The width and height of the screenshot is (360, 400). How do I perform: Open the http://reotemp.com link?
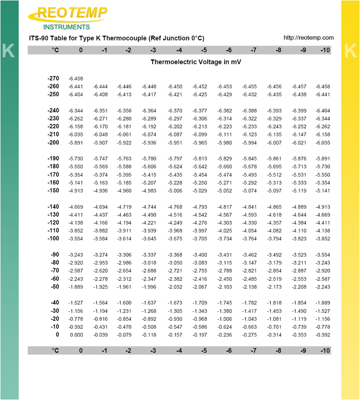click(x=308, y=38)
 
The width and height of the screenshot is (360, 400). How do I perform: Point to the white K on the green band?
click(x=8, y=51)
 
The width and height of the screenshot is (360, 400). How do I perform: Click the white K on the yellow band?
click(x=351, y=51)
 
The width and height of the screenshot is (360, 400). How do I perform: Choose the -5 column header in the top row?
click(x=204, y=50)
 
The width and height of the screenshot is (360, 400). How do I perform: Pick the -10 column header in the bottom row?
click(x=324, y=351)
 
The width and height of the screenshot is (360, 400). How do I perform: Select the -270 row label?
click(x=53, y=78)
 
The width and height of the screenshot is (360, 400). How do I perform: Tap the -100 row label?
click(x=53, y=239)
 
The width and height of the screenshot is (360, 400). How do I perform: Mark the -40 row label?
click(x=54, y=303)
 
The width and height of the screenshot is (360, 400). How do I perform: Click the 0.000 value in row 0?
click(x=76, y=335)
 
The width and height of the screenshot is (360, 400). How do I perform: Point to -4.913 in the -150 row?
click(x=76, y=191)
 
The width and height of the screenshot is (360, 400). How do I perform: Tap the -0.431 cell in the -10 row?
click(x=101, y=327)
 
